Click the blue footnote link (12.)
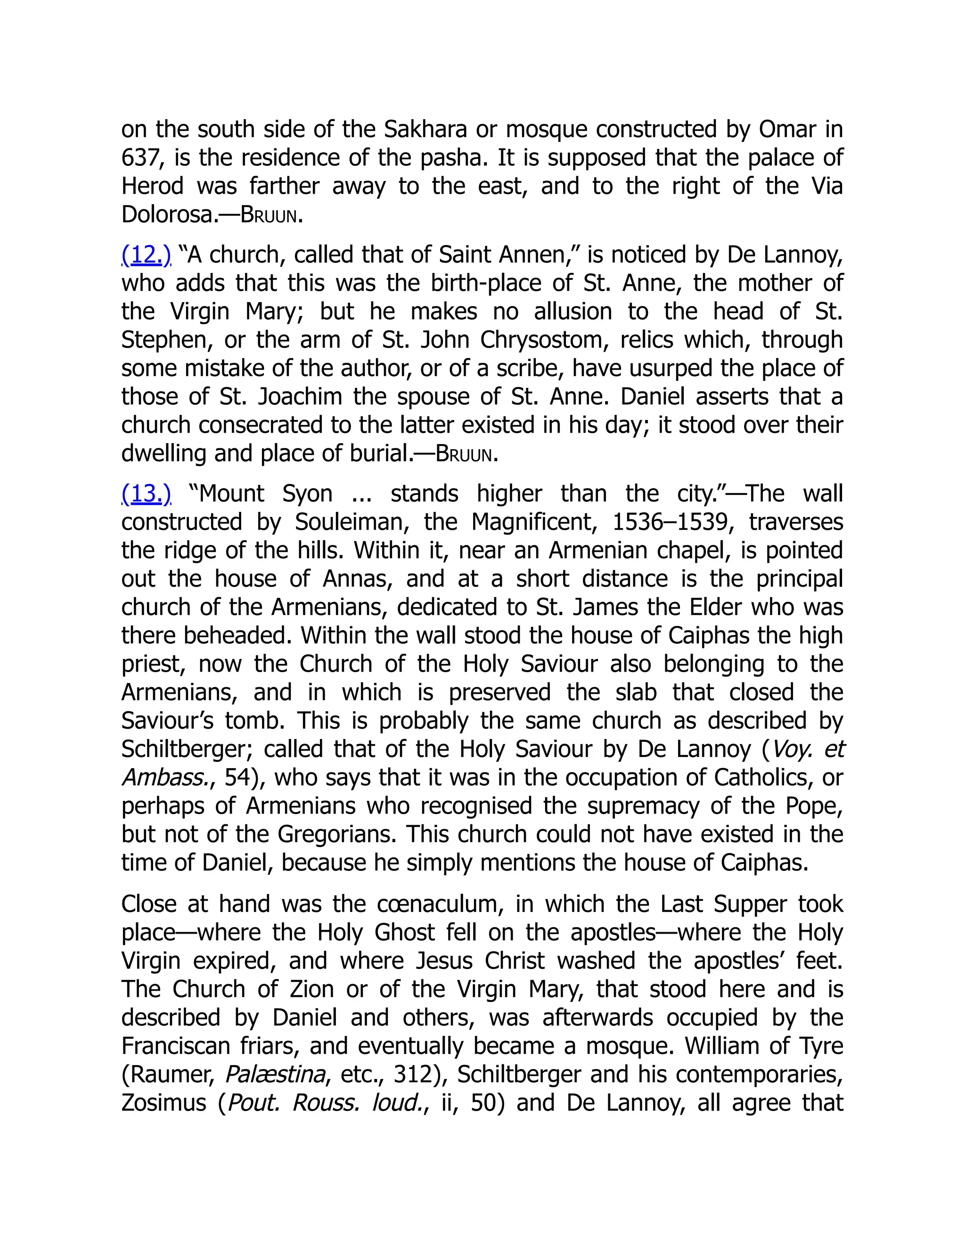pyautogui.click(x=146, y=255)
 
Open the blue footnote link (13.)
pyautogui.click(x=146, y=494)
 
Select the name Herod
pyautogui.click(x=153, y=187)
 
